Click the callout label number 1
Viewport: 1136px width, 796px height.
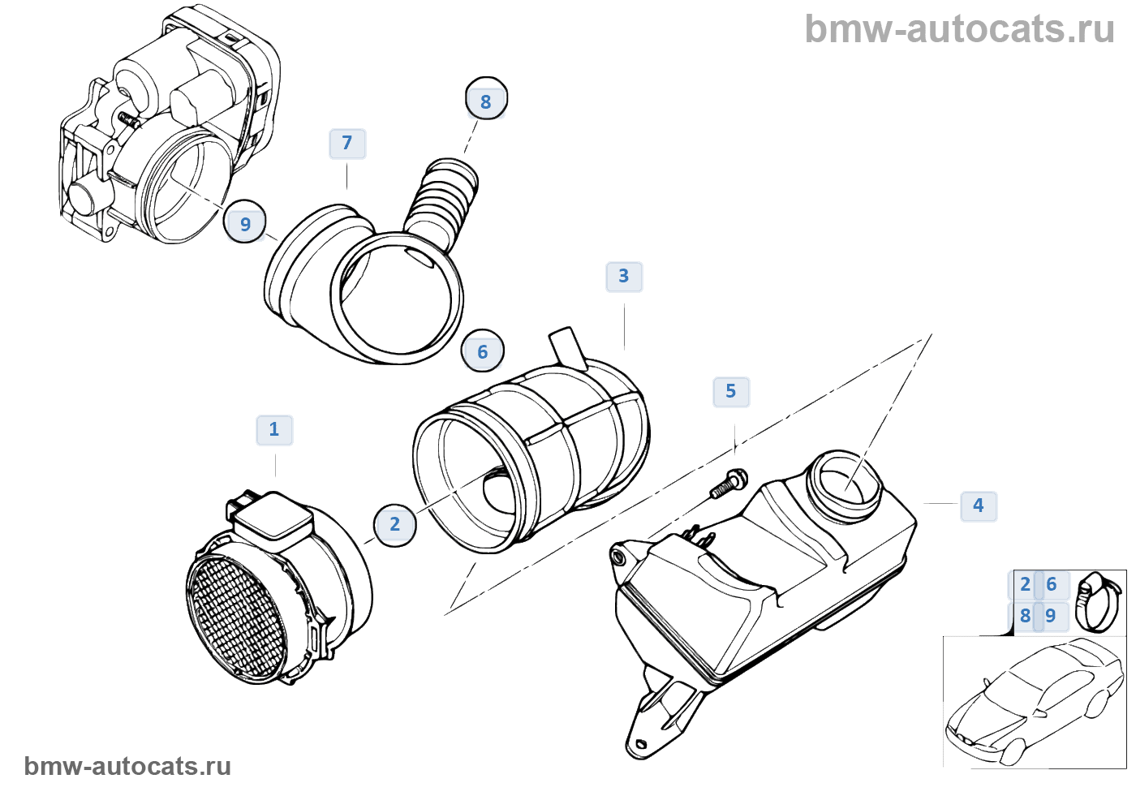(x=274, y=429)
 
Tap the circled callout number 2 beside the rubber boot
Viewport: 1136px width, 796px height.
(x=394, y=525)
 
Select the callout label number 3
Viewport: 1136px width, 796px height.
(x=623, y=277)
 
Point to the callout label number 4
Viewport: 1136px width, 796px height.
(x=978, y=506)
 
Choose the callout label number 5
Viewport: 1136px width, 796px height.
(x=730, y=392)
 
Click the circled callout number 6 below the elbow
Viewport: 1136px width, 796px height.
(x=482, y=352)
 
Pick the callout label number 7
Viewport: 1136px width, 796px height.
(x=347, y=144)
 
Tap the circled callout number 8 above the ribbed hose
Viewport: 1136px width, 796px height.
(x=486, y=101)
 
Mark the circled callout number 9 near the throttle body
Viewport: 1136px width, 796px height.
(x=245, y=224)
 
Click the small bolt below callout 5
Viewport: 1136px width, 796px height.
(x=729, y=483)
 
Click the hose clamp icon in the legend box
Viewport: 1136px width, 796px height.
(x=1097, y=601)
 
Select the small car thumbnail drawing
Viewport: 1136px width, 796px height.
(x=1035, y=702)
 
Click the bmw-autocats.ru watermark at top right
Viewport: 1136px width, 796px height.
(x=959, y=29)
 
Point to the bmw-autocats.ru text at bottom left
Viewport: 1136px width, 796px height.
(x=127, y=766)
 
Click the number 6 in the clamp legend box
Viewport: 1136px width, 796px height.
(x=1052, y=584)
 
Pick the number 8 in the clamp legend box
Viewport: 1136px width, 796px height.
(x=1025, y=616)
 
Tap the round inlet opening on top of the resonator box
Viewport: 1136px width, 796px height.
(x=846, y=482)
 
